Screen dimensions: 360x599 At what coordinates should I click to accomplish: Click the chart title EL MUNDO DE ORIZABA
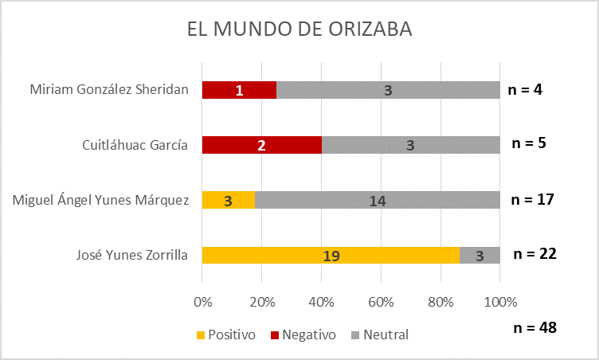click(299, 30)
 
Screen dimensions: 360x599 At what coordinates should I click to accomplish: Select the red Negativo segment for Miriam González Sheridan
click(239, 90)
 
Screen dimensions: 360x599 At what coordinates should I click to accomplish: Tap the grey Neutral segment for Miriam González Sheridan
click(388, 90)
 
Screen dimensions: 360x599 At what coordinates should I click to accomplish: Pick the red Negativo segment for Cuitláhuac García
click(261, 145)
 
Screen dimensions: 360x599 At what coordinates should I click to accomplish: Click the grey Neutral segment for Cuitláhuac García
click(410, 145)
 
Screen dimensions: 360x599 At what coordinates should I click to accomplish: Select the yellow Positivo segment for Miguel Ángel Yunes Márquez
click(228, 200)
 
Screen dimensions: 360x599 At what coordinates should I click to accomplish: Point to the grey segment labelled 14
click(377, 200)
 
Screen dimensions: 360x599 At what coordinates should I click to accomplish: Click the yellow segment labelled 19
click(331, 255)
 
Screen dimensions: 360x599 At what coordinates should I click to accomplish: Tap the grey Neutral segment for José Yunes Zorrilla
click(480, 255)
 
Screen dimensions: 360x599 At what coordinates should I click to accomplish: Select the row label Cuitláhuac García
click(135, 145)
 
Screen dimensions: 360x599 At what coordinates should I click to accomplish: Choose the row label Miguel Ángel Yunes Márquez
click(100, 200)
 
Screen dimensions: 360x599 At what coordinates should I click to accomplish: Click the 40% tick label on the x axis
click(321, 303)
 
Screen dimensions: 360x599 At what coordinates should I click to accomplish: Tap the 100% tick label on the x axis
click(500, 303)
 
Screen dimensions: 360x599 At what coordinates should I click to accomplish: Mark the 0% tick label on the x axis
click(202, 303)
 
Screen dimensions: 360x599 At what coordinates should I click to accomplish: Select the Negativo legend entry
click(303, 335)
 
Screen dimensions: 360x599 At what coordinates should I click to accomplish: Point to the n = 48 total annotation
click(534, 327)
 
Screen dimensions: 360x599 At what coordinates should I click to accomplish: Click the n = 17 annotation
click(532, 199)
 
